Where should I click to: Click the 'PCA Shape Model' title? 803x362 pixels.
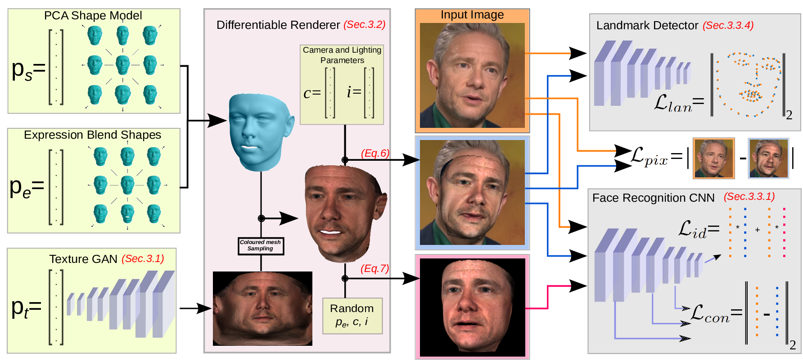(x=93, y=16)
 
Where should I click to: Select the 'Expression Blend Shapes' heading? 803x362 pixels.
(x=92, y=135)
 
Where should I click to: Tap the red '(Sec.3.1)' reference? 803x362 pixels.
(x=143, y=259)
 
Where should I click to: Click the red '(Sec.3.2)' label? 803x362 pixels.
(x=364, y=25)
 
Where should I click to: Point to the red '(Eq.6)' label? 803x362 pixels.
(x=375, y=154)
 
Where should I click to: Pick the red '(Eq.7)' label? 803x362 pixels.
(x=374, y=269)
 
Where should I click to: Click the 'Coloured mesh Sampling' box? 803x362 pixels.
(x=261, y=246)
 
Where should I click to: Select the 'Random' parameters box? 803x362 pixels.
(x=352, y=315)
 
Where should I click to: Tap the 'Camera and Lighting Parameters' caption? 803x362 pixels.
(x=342, y=55)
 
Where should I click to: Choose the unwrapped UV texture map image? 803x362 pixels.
(x=262, y=308)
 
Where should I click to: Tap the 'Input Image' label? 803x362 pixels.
(x=472, y=15)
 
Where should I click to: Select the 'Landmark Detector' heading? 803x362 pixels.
(x=647, y=26)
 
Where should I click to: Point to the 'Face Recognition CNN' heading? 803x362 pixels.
(x=653, y=198)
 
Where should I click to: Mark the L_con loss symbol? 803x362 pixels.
(x=709, y=313)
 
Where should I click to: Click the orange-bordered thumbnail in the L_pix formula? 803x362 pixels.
(x=713, y=158)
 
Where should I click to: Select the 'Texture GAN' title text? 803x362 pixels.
(x=83, y=259)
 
